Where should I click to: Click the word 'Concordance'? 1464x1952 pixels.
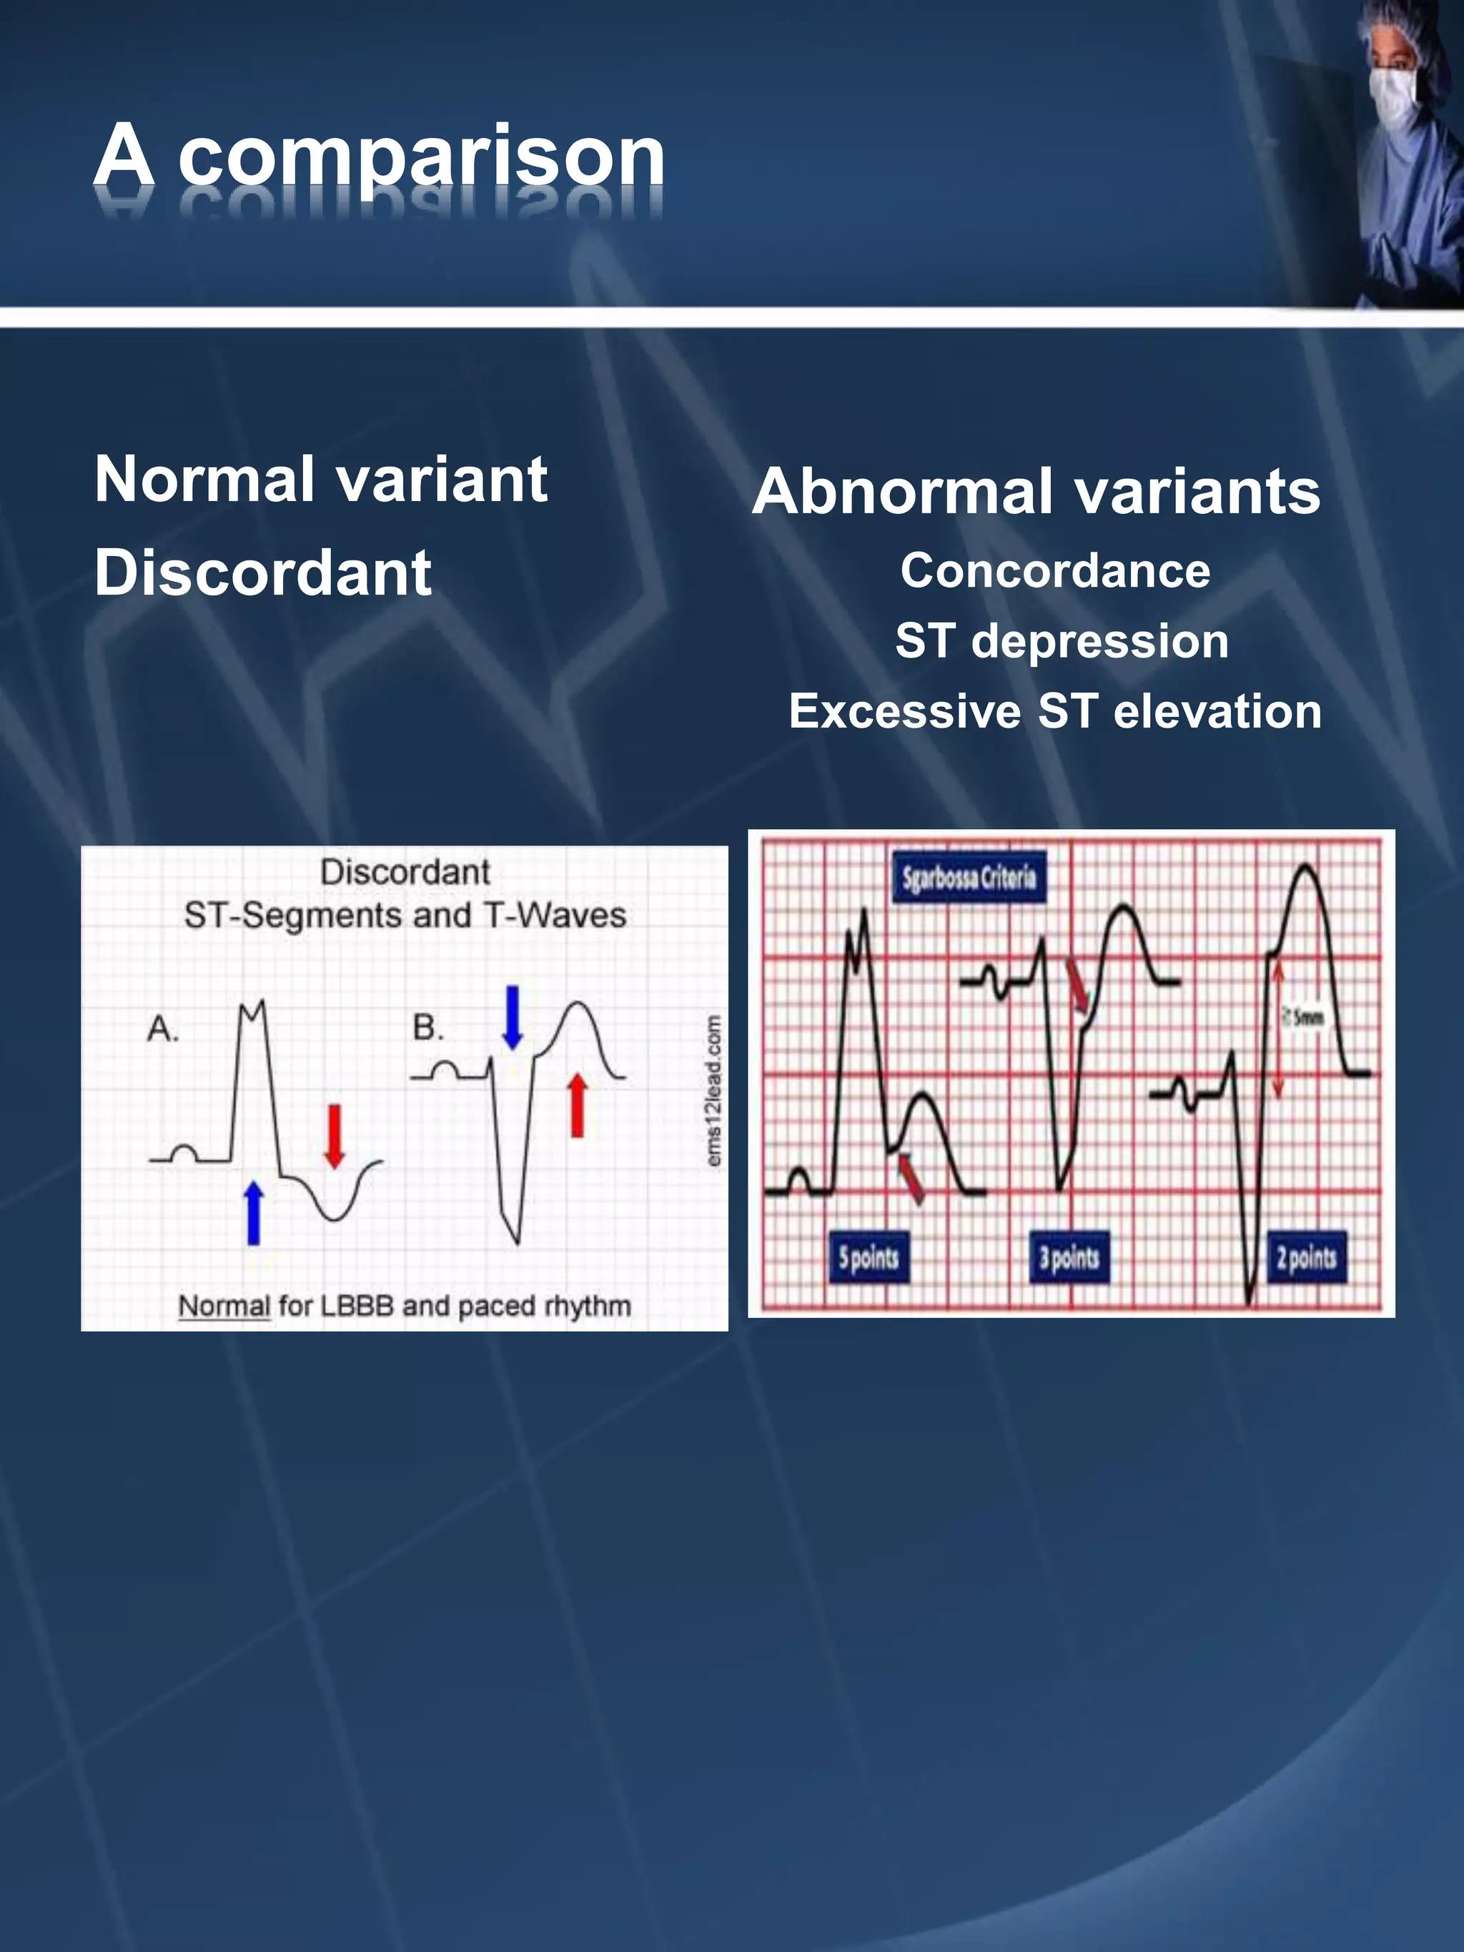(1054, 570)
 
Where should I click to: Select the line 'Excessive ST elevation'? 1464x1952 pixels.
(1054, 711)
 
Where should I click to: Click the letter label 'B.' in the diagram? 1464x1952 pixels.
(429, 1027)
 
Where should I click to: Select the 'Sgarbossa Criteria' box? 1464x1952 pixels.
(969, 877)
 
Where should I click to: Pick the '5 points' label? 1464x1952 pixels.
(869, 1257)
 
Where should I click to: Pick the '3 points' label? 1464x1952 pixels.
(1069, 1257)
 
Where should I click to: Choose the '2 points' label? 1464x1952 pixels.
(1306, 1257)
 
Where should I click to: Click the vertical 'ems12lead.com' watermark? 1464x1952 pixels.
(715, 1091)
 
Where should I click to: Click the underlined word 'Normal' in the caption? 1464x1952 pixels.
(224, 1306)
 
